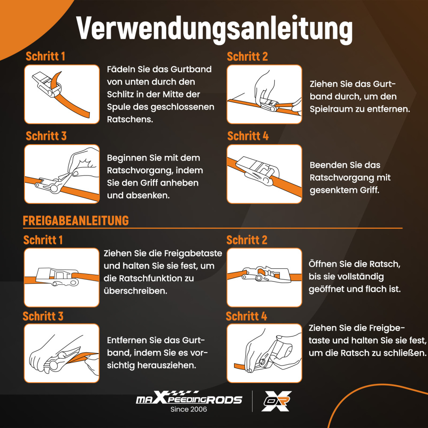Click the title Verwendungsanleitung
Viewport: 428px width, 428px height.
(214, 29)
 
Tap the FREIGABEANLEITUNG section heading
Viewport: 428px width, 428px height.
(76, 220)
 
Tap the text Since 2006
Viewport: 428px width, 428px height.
(189, 409)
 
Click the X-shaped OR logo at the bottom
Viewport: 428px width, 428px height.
(276, 401)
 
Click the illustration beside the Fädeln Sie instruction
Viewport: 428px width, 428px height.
(62, 94)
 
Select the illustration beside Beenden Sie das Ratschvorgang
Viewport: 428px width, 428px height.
(264, 174)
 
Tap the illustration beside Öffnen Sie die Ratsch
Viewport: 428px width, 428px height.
(264, 277)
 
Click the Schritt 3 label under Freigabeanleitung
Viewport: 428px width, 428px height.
(43, 316)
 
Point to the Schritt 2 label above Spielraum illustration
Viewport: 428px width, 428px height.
(247, 56)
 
